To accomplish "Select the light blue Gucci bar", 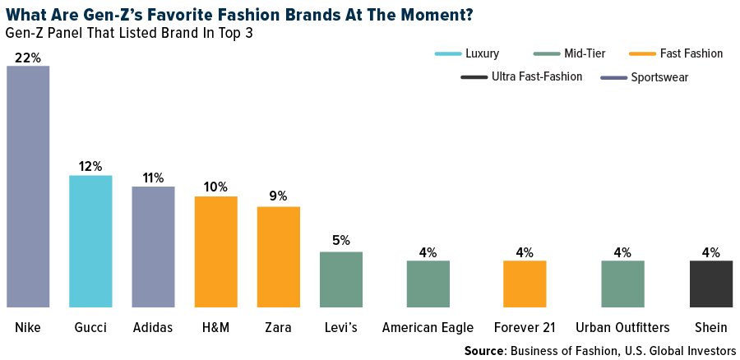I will [x=90, y=242].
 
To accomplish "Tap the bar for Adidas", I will [x=154, y=247].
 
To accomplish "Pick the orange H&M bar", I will [x=216, y=252].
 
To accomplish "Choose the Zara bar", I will [x=279, y=257].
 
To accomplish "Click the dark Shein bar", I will [x=710, y=284].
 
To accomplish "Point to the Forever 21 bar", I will [x=525, y=284].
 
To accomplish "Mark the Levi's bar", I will [x=341, y=279].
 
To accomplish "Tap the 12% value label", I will [x=90, y=166].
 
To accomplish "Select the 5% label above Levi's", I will [x=341, y=241].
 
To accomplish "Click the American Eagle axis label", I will [x=428, y=327].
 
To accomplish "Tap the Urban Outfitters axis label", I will [x=623, y=327].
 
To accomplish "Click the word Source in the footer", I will [x=486, y=351].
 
